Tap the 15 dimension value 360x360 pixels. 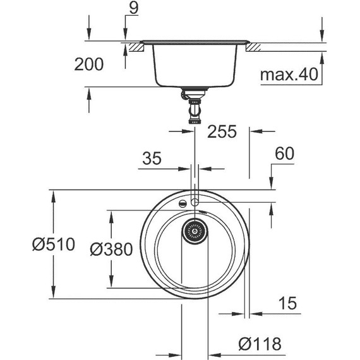(287, 304)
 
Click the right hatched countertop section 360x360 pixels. (255, 47)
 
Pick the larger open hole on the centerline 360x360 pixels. (195, 201)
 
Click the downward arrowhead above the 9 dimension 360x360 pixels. (125, 36)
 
